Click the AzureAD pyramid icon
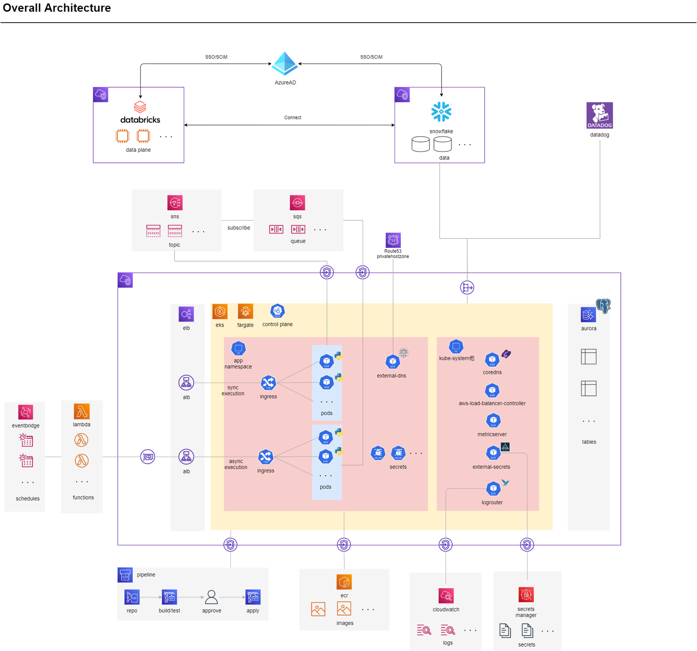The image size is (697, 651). click(285, 64)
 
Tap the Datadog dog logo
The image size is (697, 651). click(599, 115)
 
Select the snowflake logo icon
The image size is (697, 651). click(441, 112)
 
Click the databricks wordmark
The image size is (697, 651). click(140, 120)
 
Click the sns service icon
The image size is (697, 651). click(175, 203)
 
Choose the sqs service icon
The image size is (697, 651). click(297, 203)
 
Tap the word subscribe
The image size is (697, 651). click(239, 228)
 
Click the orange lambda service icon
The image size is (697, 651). click(81, 411)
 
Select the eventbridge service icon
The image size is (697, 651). click(26, 412)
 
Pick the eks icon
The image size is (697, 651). click(220, 312)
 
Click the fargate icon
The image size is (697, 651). click(245, 312)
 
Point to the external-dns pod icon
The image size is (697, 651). click(393, 361)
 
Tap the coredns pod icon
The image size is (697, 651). click(492, 360)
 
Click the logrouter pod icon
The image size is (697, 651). click(493, 489)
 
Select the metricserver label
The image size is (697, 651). click(492, 434)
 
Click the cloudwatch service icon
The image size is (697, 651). click(446, 596)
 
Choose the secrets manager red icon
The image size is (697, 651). click(526, 594)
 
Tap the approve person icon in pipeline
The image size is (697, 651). click(212, 597)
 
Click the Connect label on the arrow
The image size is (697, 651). click(293, 118)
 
